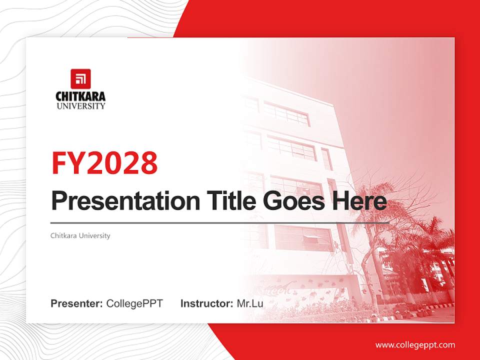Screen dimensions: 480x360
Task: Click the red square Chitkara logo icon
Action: pyautogui.click(x=80, y=78)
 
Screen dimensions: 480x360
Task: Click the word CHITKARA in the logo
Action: pyautogui.click(x=80, y=96)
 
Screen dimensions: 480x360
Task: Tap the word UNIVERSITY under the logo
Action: pyautogui.click(x=81, y=106)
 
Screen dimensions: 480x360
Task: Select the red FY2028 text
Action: pyautogui.click(x=104, y=163)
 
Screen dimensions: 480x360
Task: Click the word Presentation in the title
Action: pyautogui.click(x=125, y=201)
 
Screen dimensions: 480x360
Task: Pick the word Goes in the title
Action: pyautogui.click(x=293, y=201)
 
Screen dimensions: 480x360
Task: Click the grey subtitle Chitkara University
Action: pyautogui.click(x=80, y=235)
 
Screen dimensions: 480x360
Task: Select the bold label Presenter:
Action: pyautogui.click(x=76, y=303)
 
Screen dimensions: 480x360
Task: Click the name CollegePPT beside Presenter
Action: pyautogui.click(x=134, y=303)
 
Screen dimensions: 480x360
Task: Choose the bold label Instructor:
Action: pyautogui.click(x=207, y=303)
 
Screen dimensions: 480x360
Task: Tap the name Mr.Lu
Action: pyautogui.click(x=250, y=303)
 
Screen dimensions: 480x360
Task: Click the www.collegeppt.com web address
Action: pyautogui.click(x=415, y=345)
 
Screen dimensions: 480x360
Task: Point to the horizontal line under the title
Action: pyautogui.click(x=220, y=223)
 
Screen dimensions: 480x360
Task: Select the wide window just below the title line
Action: pyautogui.click(x=303, y=238)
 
